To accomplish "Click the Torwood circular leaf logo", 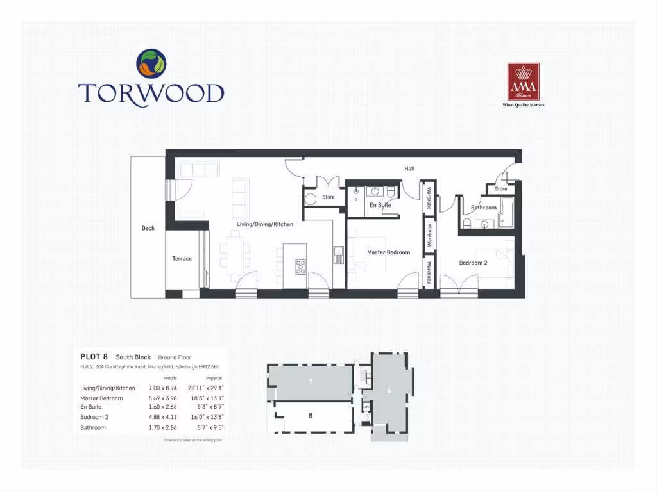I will (151, 64).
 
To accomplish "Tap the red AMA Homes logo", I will (523, 82).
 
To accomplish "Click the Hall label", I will (409, 168).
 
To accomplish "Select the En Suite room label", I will (380, 205).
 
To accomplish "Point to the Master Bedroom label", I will (388, 252).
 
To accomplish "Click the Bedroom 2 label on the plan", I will (473, 263).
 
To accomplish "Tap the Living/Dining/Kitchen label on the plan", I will (265, 224).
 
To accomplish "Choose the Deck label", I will (148, 228).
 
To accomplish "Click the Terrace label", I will (182, 259).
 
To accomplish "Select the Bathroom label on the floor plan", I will (483, 208).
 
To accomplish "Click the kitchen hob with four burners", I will (300, 266).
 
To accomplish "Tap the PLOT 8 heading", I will (94, 356).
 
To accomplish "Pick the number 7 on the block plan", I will (310, 382).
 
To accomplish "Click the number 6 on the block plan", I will (389, 389).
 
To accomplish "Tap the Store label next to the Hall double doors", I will (328, 197).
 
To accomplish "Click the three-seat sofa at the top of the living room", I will (198, 169).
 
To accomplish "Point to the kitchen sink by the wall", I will (338, 255).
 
